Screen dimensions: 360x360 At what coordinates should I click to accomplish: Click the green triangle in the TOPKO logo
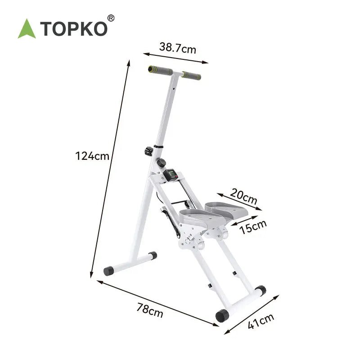coord(27,30)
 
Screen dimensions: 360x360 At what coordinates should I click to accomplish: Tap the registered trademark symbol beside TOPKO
coord(111,18)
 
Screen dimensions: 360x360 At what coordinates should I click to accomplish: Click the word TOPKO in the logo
coord(74,29)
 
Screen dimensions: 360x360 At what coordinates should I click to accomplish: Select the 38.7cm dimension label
coord(177,48)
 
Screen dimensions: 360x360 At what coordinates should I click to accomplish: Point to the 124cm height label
coord(92,156)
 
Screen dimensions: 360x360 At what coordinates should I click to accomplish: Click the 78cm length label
coord(150,310)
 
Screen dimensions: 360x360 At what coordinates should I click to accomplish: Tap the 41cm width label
coord(261,321)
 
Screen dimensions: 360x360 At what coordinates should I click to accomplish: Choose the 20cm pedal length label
coord(243,197)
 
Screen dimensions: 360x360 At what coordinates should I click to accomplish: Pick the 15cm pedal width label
coord(253,227)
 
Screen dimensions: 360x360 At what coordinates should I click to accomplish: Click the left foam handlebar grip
coord(160,71)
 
